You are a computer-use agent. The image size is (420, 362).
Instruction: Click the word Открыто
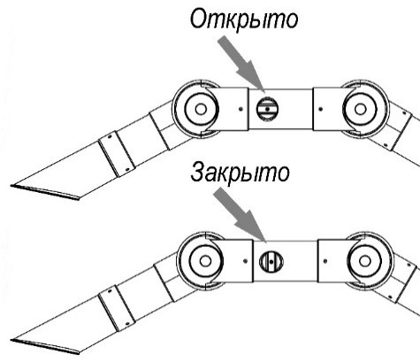tap(244, 19)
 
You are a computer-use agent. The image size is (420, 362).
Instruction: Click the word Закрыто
tap(240, 173)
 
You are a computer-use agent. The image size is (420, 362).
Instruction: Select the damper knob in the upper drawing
tap(267, 109)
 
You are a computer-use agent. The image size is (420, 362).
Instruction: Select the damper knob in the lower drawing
tap(271, 261)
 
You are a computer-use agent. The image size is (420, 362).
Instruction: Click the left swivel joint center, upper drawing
tap(201, 109)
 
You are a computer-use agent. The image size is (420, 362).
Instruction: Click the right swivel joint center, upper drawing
tap(360, 109)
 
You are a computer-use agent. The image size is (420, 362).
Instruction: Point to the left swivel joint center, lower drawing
tap(205, 261)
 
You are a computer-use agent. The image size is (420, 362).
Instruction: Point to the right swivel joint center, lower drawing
tap(365, 261)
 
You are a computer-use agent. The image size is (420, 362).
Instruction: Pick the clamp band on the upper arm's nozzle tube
tap(117, 154)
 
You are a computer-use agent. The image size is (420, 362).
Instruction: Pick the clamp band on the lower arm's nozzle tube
tap(117, 308)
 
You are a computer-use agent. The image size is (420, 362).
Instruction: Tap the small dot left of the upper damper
tap(241, 109)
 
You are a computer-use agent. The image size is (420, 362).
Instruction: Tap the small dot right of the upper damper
tap(321, 109)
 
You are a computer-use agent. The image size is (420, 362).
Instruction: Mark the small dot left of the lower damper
tap(246, 261)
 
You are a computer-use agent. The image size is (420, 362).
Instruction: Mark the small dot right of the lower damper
tap(325, 261)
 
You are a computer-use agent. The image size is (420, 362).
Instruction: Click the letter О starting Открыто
tap(199, 19)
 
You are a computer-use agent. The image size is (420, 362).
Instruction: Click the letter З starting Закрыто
tap(197, 173)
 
